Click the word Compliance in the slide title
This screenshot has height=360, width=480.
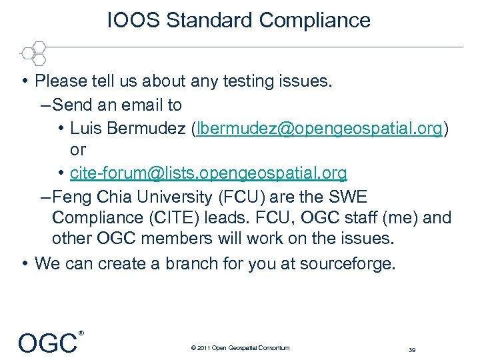[x=315, y=20]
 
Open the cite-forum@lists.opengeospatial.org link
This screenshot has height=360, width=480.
[x=208, y=173]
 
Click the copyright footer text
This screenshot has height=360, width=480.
[x=240, y=347]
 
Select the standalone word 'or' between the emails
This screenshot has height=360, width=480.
[x=78, y=150]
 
